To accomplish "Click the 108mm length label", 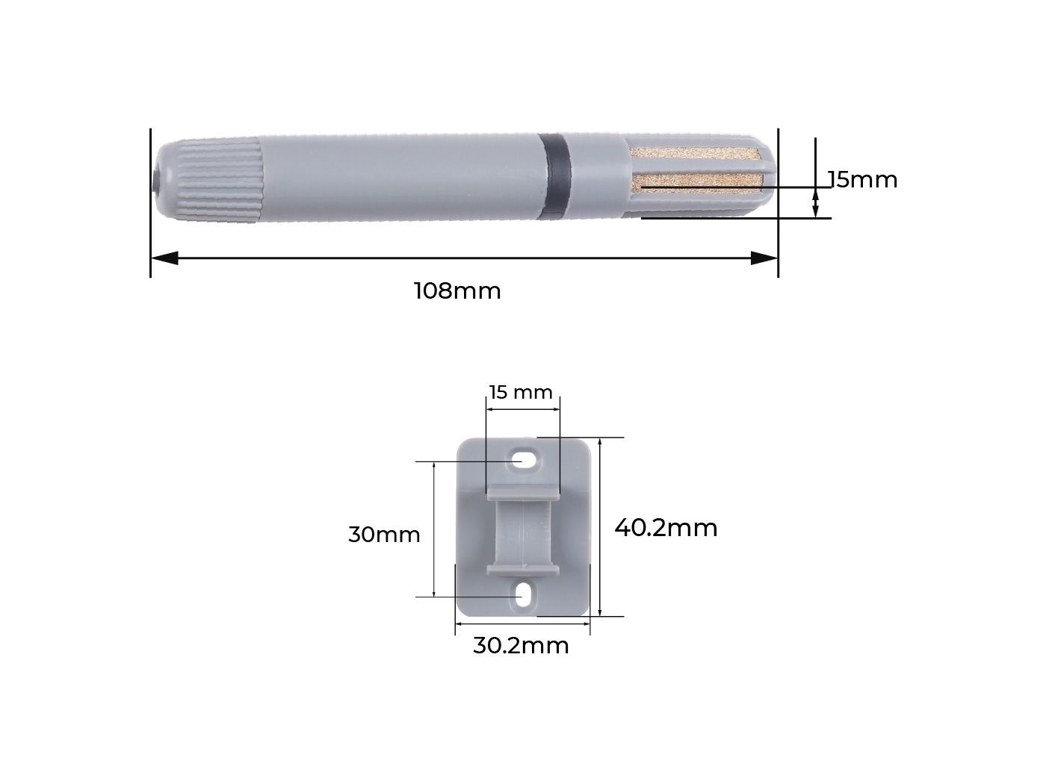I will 457,290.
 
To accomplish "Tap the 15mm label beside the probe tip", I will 863,180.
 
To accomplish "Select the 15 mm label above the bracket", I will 521,392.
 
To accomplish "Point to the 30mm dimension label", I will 384,535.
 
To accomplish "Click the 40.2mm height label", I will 666,528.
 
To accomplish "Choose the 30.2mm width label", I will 521,645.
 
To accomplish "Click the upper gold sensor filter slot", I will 695,158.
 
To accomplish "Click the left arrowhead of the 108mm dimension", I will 164,258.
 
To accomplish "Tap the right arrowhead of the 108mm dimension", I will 764,258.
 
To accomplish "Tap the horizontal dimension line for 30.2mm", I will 522,623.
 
